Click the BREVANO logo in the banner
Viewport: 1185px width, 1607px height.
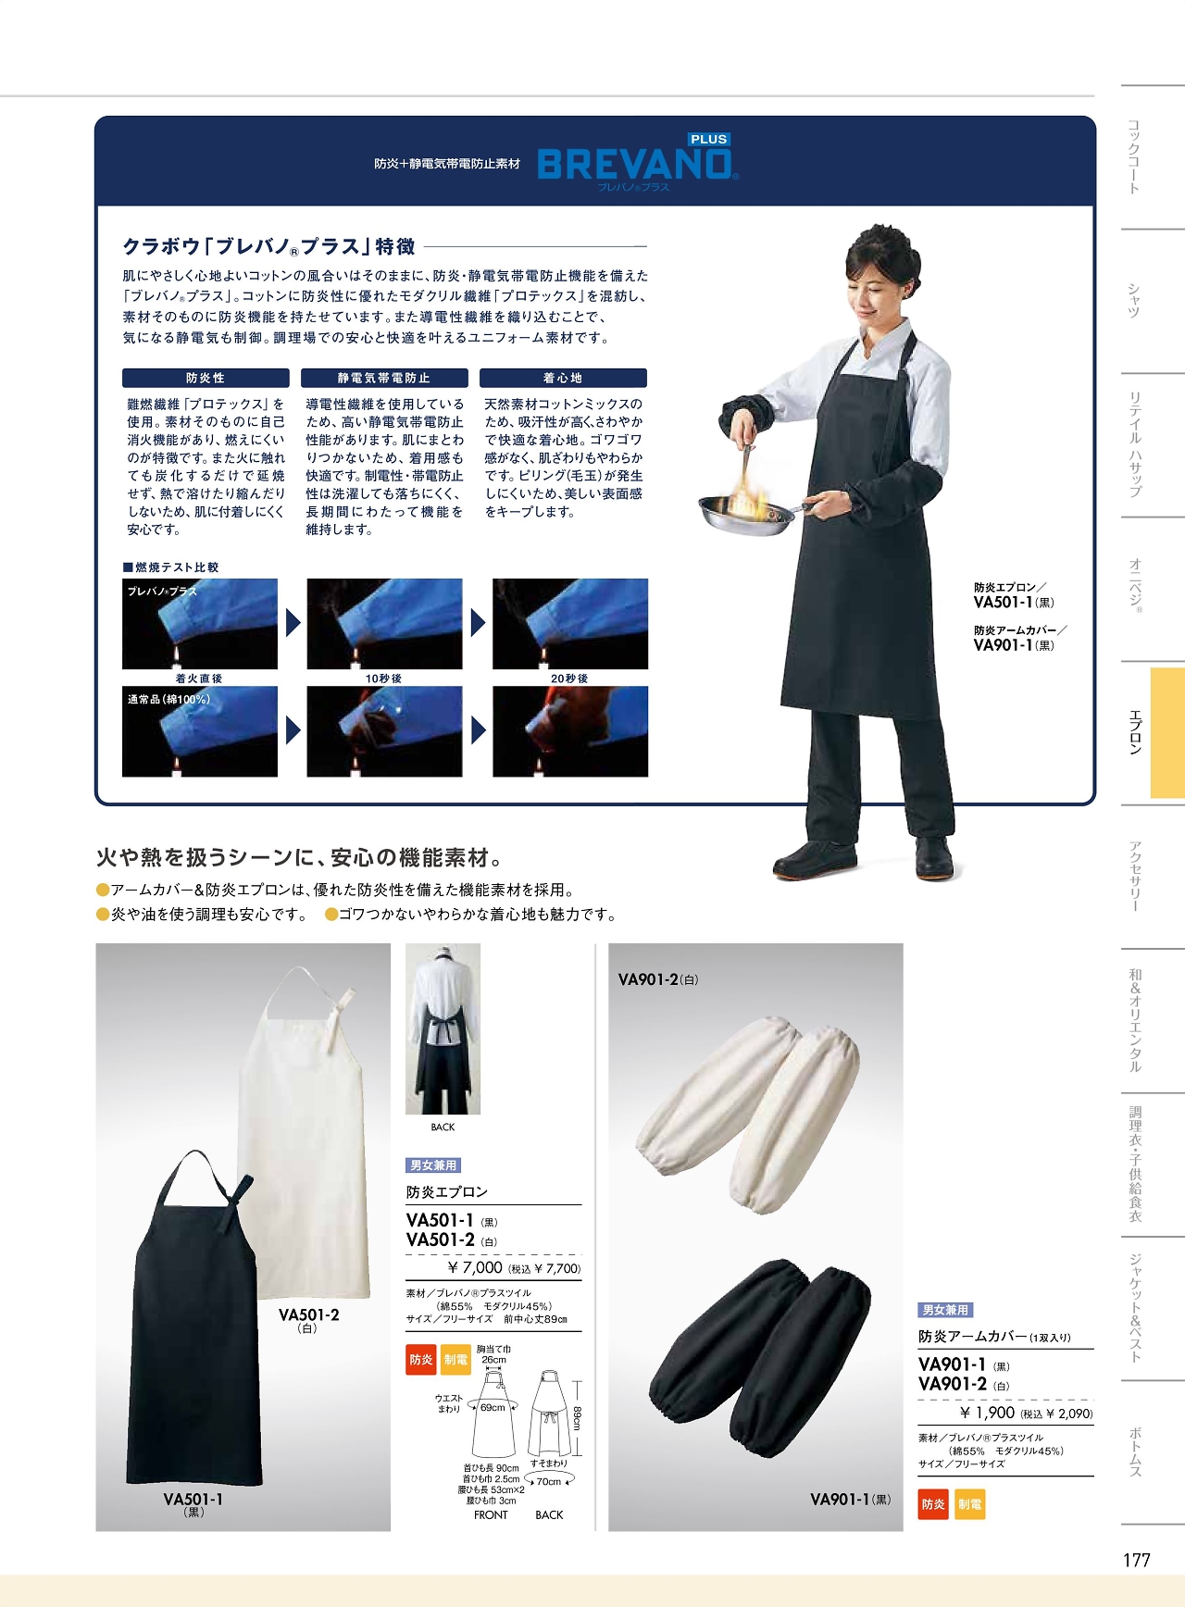coord(637,165)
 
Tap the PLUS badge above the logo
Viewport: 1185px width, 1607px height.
coord(708,139)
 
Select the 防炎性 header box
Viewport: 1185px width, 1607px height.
coord(206,378)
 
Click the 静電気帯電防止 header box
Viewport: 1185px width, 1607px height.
coord(384,378)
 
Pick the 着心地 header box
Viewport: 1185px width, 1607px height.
coord(563,378)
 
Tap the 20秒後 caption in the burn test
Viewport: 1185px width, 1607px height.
coord(569,679)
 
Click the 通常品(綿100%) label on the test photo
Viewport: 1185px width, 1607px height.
coord(168,699)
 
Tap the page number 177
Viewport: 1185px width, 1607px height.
coord(1136,1560)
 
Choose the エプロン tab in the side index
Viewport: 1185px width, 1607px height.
coord(1135,731)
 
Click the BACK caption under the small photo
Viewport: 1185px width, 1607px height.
coord(443,1127)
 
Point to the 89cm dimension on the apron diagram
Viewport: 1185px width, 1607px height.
coord(576,1418)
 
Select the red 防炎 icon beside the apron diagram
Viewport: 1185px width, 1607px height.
coord(421,1359)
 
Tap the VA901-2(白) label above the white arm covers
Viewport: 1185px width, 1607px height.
coord(658,979)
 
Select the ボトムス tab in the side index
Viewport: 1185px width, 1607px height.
coord(1135,1451)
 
